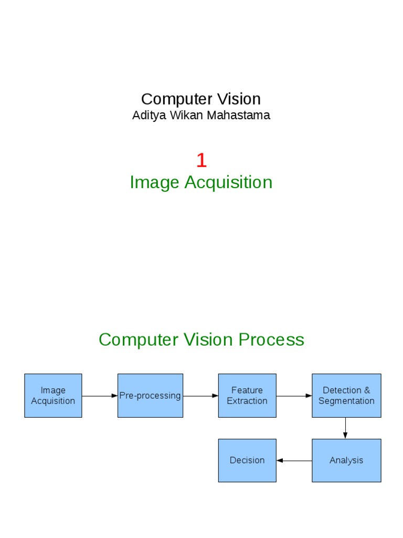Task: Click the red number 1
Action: [x=201, y=160]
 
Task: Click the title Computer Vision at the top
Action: [x=201, y=99]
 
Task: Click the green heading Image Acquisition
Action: [x=201, y=182]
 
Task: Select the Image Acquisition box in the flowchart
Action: [x=53, y=396]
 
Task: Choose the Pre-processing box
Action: [x=150, y=396]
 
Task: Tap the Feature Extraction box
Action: [x=247, y=396]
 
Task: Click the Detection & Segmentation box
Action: [x=346, y=396]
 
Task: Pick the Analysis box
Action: [x=346, y=460]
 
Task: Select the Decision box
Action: [x=247, y=460]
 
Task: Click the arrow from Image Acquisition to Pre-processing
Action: [x=100, y=396]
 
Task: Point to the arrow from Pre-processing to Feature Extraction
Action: [x=200, y=396]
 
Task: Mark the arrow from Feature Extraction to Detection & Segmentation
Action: [x=294, y=396]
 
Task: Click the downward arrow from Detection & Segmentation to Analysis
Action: [x=345, y=428]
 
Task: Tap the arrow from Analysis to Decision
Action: [x=294, y=461]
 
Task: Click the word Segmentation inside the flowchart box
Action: [x=346, y=401]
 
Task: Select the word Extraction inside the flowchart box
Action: [x=247, y=401]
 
